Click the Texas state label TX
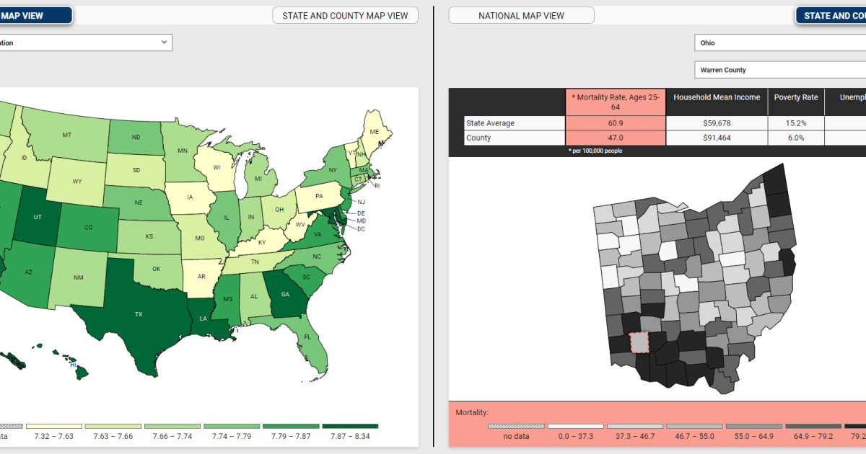tap(139, 315)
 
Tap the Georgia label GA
tap(285, 294)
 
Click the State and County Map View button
tap(345, 15)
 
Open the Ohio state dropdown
tap(779, 43)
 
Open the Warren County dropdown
tap(779, 70)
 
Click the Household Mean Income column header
tap(717, 97)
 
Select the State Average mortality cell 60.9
tap(616, 123)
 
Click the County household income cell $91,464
tap(717, 138)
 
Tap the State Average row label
tap(490, 123)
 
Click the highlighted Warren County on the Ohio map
tap(639, 342)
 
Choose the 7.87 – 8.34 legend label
tap(350, 436)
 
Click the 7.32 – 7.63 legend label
tap(53, 436)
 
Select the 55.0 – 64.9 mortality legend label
tap(754, 436)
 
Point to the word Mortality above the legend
tap(472, 413)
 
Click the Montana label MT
tap(66, 135)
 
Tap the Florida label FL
tap(307, 337)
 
